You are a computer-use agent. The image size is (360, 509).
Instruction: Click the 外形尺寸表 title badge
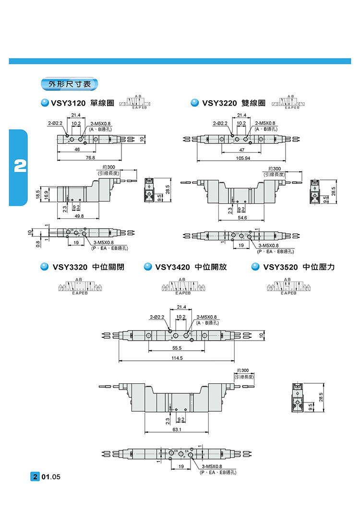pos(70,84)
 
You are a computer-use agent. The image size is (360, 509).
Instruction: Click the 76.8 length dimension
pos(90,157)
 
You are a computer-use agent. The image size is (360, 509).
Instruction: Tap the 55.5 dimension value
pos(177,348)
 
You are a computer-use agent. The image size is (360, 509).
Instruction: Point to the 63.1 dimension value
pos(177,430)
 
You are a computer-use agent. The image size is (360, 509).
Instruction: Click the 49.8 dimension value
pos(80,216)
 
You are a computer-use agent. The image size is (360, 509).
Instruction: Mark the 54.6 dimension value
pos(242,218)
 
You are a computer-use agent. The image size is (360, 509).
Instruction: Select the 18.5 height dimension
pos(37,194)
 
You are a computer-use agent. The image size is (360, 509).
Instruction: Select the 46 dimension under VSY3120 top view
pos(77,150)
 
